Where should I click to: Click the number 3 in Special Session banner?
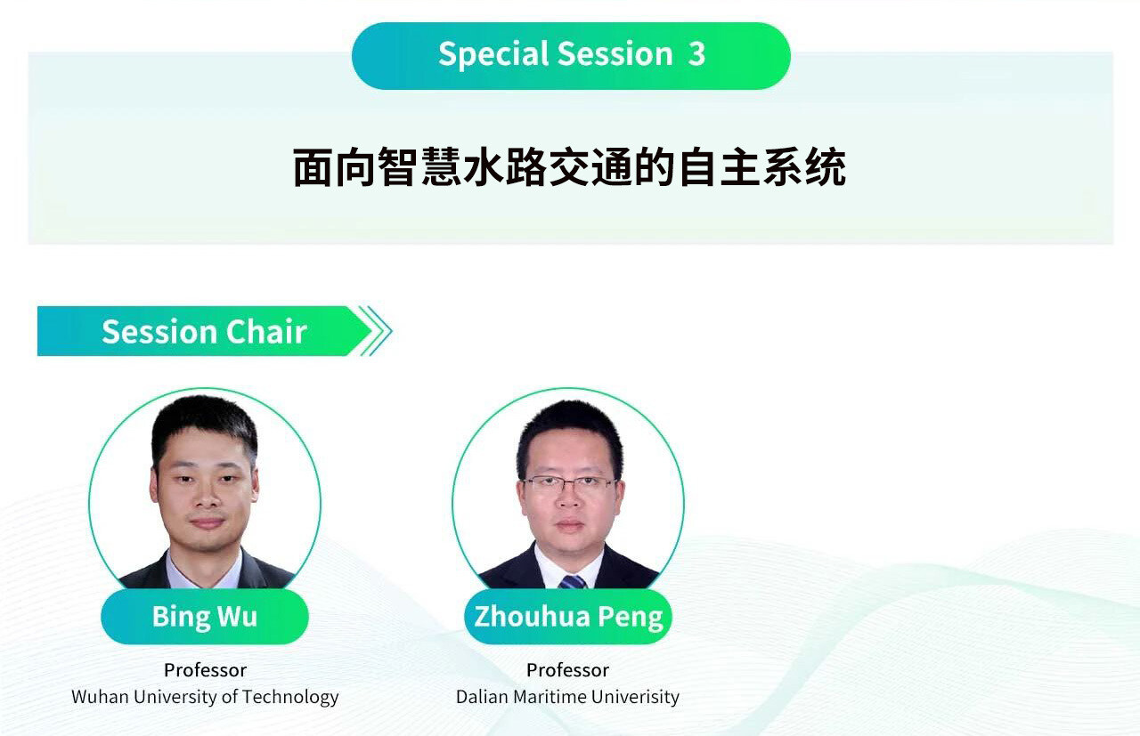coord(696,54)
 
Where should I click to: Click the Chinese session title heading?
coord(569,166)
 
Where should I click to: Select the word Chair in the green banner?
coord(266,332)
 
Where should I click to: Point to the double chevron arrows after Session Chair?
coord(376,331)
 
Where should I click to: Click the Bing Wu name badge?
coord(205,617)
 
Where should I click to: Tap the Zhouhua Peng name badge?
coord(568,617)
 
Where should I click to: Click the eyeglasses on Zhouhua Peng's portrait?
coord(569,484)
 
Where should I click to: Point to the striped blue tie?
coord(573,581)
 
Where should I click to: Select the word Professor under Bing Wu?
coord(205,670)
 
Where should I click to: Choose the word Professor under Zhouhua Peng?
coord(567,670)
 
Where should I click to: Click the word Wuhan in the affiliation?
coord(101,697)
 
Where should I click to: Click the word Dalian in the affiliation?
coord(482,697)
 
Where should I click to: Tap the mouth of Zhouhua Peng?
coord(569,525)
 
